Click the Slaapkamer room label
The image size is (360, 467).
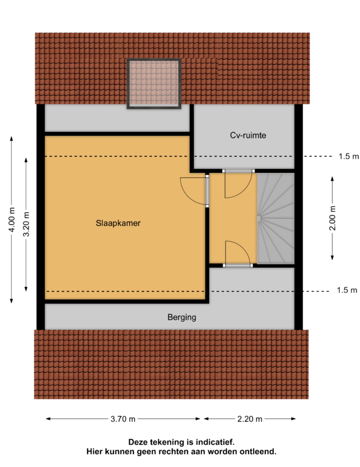[118, 223]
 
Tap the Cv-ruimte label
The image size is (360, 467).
[248, 135]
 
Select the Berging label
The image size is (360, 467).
[182, 317]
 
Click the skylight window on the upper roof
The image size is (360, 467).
[154, 83]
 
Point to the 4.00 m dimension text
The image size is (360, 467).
[12, 220]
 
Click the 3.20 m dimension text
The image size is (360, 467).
[26, 224]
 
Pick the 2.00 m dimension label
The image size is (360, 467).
[333, 218]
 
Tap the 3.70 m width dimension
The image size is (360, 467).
[123, 419]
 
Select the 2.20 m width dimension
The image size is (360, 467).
[250, 419]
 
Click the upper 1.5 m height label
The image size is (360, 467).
[349, 156]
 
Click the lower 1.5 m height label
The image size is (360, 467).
[347, 290]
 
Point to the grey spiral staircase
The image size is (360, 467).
[276, 218]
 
